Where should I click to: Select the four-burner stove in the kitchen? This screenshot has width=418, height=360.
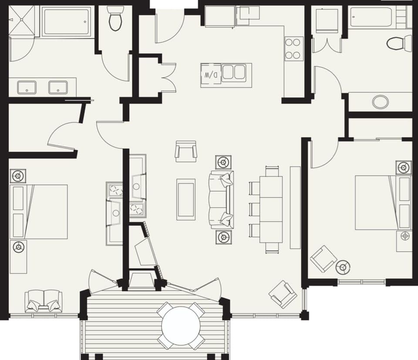coord(294,49)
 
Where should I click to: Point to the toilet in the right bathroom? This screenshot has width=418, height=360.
coord(398,44)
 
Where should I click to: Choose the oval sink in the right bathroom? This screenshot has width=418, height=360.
coord(381,102)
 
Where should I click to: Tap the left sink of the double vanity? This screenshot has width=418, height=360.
coord(27,87)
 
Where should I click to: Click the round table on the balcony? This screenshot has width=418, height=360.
coord(180,326)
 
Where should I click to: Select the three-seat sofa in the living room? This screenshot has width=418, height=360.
coord(222,199)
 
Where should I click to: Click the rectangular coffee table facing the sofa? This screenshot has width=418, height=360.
coord(186,199)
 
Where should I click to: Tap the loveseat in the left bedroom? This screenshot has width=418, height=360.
coord(44,301)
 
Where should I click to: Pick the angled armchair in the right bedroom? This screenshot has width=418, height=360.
coord(323,259)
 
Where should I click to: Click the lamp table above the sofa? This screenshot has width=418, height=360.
coord(223,162)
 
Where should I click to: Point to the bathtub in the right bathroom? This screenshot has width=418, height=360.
coord(377,17)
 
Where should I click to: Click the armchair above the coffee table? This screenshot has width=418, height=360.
coord(186,151)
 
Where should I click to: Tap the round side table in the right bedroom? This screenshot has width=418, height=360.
coord(344,267)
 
